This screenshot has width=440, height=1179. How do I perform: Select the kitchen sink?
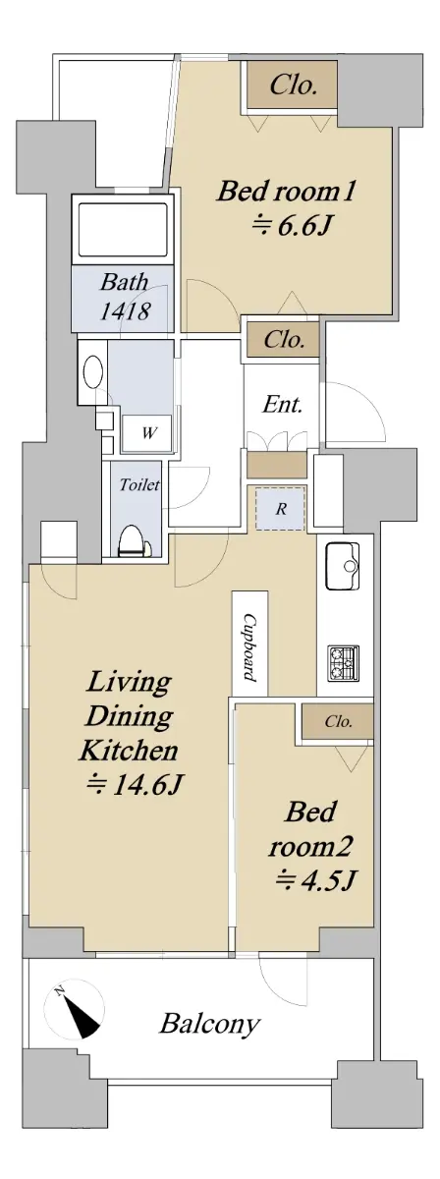coord(343,566)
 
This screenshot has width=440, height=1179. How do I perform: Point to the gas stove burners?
coord(344,661)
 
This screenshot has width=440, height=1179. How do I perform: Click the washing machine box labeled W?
coord(147,433)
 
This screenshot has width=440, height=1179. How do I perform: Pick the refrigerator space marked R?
coord(281,509)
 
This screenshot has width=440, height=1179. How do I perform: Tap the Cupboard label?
coord(250,646)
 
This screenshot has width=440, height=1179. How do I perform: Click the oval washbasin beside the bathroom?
coord(93,372)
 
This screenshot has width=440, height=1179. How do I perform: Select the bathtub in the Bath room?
coord(123,230)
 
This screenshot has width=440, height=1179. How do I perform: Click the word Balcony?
coord(210,1022)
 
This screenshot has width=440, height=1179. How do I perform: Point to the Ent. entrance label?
coord(282,405)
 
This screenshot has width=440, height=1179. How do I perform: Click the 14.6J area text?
coord(135,784)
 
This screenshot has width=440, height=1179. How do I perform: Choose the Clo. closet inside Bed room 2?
coord(338,721)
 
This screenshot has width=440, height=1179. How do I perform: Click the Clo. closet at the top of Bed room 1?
coord(292,85)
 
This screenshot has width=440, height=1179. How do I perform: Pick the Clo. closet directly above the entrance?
coord(284,340)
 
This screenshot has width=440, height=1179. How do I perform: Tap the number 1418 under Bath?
coord(125,311)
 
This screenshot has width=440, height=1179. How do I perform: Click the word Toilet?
coord(138,484)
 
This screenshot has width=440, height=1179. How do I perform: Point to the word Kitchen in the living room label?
coord(129,751)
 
